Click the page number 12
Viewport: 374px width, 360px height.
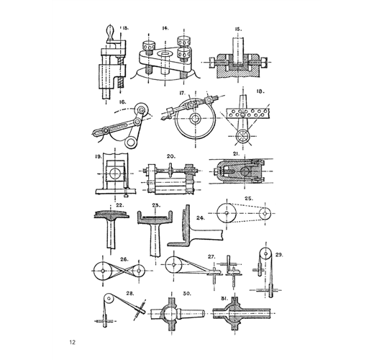(73, 342)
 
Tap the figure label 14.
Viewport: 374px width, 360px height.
(165, 28)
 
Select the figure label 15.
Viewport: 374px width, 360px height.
(238, 30)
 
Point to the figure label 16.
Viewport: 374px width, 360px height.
(122, 102)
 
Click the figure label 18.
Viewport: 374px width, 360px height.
(260, 91)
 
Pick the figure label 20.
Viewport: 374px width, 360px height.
(171, 156)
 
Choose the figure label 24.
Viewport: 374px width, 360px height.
(201, 218)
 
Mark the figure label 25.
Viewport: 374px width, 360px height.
(249, 199)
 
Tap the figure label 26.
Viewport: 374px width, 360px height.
(124, 259)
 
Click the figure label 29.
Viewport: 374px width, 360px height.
(279, 255)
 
